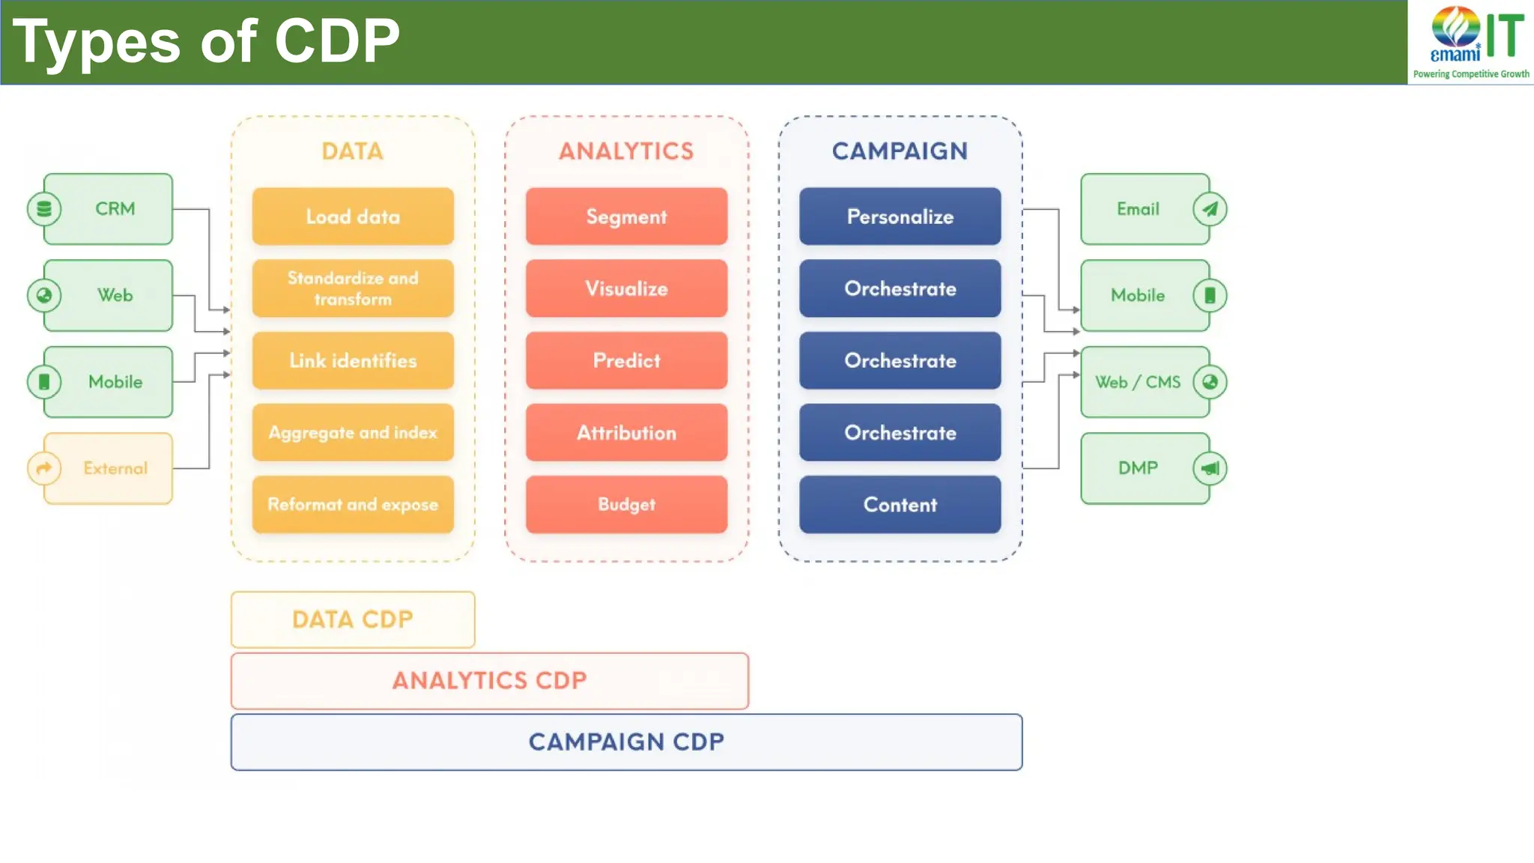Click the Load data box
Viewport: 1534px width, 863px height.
tap(353, 216)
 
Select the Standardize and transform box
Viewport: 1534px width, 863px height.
tap(353, 288)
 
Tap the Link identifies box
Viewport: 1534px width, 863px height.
tap(353, 360)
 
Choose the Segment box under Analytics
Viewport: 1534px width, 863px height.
tap(626, 216)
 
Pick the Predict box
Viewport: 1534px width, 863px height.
tap(626, 360)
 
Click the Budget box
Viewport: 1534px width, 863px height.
tap(626, 504)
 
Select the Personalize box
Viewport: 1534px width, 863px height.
tap(900, 216)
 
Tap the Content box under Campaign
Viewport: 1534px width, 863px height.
tap(900, 504)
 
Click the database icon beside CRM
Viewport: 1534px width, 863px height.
tap(44, 209)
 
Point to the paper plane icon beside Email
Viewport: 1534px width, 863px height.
tap(1210, 209)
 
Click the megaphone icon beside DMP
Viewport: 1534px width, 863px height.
tap(1210, 468)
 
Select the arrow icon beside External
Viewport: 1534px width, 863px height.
tap(44, 468)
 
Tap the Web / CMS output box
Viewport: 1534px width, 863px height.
tap(1145, 382)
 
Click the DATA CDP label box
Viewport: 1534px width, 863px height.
tap(353, 620)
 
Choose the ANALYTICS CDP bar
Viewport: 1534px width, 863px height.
tap(489, 680)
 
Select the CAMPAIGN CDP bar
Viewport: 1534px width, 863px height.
tap(626, 742)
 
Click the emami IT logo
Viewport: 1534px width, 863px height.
tap(1471, 42)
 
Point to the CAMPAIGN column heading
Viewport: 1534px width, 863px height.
tap(900, 151)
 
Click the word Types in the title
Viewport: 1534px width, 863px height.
tap(97, 42)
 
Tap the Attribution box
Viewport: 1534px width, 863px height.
tap(626, 432)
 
